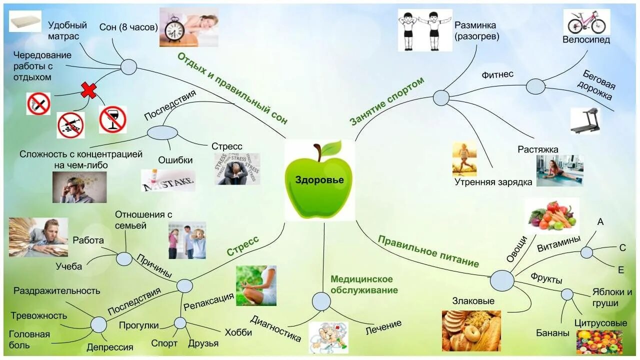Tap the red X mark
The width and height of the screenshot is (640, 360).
(x=89, y=90)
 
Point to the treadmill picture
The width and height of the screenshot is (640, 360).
(x=585, y=120)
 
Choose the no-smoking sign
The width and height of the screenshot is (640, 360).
(x=38, y=103)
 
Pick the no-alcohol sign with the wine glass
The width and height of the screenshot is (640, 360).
(x=112, y=119)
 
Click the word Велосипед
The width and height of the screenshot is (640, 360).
(x=586, y=40)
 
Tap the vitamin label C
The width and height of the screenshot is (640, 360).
(x=622, y=247)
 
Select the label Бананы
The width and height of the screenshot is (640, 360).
(x=552, y=333)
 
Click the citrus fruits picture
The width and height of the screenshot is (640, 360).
(x=599, y=341)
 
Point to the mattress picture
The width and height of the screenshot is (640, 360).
(x=25, y=21)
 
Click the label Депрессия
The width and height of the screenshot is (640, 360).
(x=109, y=347)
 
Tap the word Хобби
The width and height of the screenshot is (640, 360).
(x=238, y=332)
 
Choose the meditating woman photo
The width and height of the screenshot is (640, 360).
(x=256, y=285)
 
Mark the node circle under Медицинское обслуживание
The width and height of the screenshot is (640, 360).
(x=321, y=301)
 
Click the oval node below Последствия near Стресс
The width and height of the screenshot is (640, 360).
(x=162, y=132)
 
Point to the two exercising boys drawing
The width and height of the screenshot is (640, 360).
(x=424, y=30)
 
